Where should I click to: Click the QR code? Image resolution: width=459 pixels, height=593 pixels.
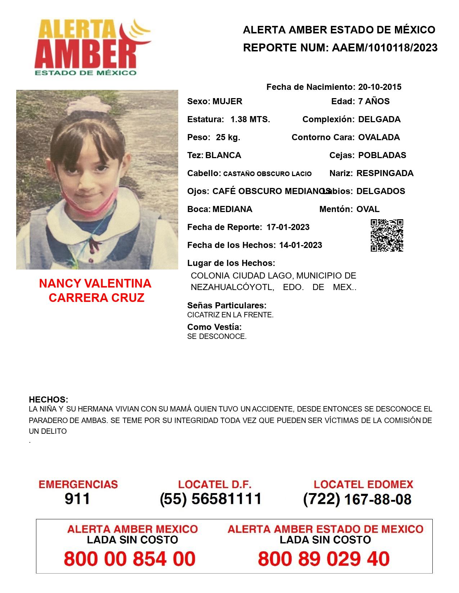(x=387, y=235)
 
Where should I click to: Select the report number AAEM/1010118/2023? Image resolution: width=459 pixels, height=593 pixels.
(x=384, y=47)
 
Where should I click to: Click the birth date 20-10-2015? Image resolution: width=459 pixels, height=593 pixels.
(x=379, y=87)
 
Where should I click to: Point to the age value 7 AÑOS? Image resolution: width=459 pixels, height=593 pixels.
(x=374, y=101)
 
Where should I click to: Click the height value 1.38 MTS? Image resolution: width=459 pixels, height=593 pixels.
(x=250, y=119)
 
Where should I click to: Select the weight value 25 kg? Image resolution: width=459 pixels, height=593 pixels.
(x=228, y=137)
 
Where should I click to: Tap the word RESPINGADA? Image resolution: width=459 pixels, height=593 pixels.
(x=385, y=173)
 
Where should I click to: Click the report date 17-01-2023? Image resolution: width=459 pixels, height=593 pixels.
(x=288, y=227)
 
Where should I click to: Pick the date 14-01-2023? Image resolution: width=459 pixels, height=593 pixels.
(x=301, y=245)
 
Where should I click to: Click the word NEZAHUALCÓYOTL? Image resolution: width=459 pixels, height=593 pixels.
(x=232, y=288)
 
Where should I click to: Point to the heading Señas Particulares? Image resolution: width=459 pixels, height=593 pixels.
(x=227, y=305)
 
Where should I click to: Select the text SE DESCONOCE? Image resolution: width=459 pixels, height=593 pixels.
(x=217, y=337)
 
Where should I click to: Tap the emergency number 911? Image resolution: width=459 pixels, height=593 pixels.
(x=77, y=499)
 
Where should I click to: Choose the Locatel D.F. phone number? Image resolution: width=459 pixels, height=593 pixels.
(x=211, y=499)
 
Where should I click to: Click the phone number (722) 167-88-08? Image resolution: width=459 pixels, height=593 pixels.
(x=357, y=499)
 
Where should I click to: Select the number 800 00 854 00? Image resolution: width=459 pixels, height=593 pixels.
(x=130, y=559)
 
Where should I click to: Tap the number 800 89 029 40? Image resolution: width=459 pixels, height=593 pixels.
(x=324, y=559)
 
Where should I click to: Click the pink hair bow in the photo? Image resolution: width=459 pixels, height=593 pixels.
(x=87, y=104)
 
